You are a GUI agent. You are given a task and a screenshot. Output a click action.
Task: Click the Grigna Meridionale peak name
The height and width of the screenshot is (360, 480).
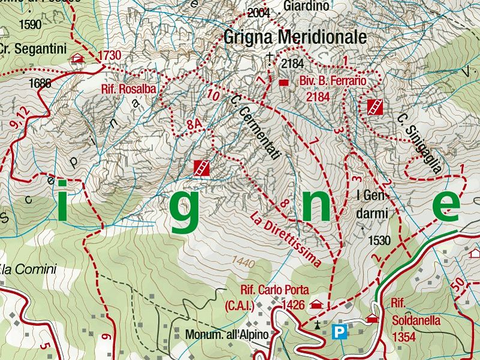(x=294, y=37)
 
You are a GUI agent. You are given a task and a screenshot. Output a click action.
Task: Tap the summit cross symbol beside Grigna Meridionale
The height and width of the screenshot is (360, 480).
(x=269, y=58)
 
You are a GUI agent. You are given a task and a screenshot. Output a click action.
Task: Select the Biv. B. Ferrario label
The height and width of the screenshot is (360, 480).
(x=332, y=80)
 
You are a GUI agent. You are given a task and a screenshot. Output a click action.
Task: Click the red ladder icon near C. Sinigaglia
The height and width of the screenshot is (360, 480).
(x=374, y=107)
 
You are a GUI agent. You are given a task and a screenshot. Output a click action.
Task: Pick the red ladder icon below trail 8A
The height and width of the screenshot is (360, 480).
(x=202, y=168)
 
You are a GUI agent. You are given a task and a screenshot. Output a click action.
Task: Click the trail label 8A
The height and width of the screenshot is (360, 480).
(x=193, y=125)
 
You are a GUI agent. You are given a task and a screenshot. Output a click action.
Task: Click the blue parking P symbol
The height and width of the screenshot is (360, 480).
(x=340, y=331)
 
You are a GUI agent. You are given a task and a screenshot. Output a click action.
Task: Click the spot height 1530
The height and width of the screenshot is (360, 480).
(x=380, y=241)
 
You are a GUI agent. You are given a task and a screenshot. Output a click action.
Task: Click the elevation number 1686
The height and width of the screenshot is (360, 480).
(x=40, y=84)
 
